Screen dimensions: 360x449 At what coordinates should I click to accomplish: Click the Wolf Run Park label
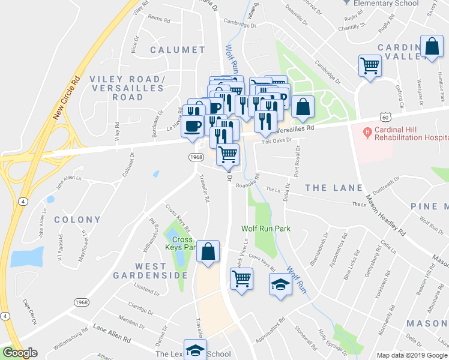pyautogui.click(x=265, y=229)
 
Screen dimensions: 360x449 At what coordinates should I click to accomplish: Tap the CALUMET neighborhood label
pyautogui.click(x=177, y=49)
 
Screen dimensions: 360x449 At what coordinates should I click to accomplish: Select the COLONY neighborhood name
pyautogui.click(x=77, y=220)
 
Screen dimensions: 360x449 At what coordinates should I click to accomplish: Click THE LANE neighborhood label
pyautogui.click(x=334, y=188)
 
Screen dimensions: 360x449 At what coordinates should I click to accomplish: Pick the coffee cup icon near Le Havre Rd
pyautogui.click(x=193, y=127)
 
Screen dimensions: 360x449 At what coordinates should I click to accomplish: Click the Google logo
pyautogui.click(x=20, y=353)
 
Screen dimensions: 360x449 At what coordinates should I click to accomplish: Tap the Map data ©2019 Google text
pyautogui.click(x=412, y=355)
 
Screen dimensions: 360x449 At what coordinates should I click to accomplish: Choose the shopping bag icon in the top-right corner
pyautogui.click(x=432, y=47)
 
